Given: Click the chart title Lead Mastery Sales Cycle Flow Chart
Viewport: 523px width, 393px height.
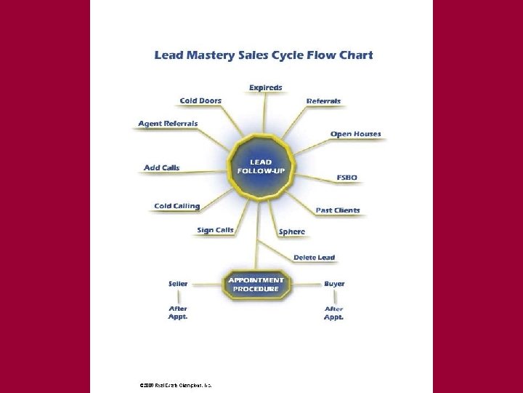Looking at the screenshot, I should [264, 55].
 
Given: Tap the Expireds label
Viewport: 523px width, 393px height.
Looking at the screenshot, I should [266, 87].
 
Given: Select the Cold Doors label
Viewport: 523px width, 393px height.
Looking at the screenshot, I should [200, 100].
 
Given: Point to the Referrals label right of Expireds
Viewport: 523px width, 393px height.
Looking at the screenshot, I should [323, 100].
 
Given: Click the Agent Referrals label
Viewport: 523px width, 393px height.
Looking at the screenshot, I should [168, 124].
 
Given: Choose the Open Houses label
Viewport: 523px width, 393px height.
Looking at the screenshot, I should [355, 134].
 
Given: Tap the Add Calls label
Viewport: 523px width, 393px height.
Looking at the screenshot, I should [162, 168].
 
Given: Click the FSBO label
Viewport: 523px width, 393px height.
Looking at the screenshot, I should [346, 178].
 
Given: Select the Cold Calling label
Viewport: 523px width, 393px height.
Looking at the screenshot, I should [177, 206].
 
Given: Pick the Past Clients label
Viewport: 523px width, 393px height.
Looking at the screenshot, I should [338, 210].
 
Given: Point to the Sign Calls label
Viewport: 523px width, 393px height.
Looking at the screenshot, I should [215, 230].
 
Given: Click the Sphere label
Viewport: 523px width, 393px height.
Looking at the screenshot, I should [292, 231].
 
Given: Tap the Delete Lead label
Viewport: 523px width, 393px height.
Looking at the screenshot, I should [314, 257].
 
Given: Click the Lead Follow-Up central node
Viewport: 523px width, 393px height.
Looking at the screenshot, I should [261, 167].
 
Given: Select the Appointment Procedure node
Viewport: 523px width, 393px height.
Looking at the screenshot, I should [256, 284].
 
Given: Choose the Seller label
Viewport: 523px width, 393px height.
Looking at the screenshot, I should [178, 283].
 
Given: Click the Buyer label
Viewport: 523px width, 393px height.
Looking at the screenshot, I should [334, 283].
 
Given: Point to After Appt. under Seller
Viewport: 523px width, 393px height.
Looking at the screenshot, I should [178, 313].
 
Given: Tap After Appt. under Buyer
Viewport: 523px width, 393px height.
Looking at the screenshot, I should [334, 313].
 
